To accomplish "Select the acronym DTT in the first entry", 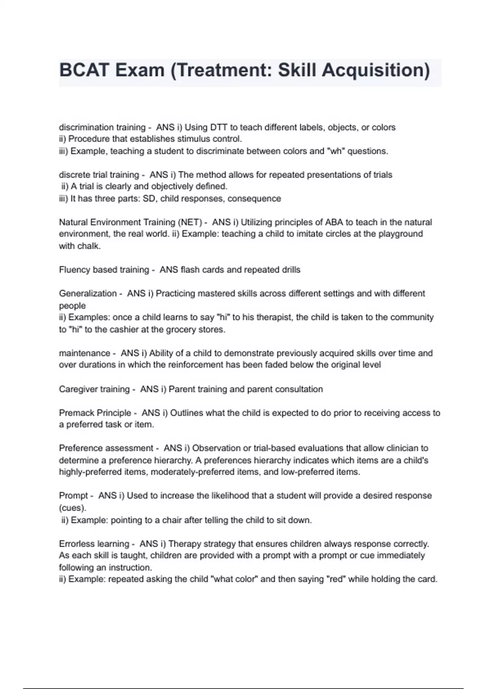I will (219, 127).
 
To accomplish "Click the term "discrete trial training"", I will (99, 175).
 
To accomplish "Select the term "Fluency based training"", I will (104, 270).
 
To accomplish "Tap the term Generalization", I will (88, 293).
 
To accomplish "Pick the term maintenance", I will (84, 353).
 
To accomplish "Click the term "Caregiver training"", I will (94, 389).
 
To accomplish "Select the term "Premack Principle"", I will (95, 413).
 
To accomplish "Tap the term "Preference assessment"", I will (106, 448).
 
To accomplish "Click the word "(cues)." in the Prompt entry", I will (72, 508).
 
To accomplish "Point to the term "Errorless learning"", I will (94, 544).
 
